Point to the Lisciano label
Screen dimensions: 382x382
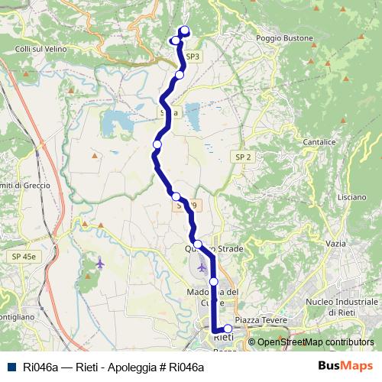351,196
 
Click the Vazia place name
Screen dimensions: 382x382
335,243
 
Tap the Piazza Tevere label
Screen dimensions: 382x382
261,319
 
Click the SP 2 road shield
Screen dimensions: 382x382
243,157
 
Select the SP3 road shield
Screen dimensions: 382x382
193,57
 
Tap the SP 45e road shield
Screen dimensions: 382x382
23,257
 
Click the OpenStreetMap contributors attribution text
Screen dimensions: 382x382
316,342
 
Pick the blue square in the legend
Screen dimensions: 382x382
11,367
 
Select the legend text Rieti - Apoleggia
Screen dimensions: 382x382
115,367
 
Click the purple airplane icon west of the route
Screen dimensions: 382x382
100,263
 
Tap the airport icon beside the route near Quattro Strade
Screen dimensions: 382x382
202,268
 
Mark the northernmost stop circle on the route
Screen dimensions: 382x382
184,31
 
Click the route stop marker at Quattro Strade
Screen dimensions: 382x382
197,244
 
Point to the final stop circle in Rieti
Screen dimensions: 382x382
228,329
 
